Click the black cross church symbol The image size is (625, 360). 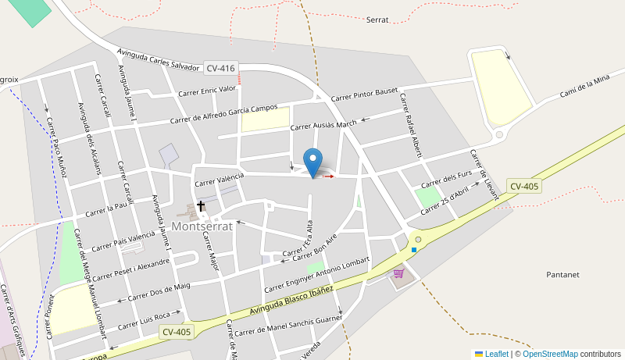click(201, 206)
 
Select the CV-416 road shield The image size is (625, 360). click(221, 69)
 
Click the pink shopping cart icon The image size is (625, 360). click(398, 273)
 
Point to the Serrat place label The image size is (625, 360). click(377, 20)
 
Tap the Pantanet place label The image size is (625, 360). click(562, 275)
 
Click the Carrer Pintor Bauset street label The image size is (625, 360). click(364, 95)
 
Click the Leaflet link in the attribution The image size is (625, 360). click(491, 354)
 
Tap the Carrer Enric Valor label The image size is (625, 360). click(207, 91)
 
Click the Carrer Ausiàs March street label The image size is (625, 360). click(323, 124)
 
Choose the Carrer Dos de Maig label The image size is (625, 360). click(159, 292)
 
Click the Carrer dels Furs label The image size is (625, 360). click(446, 181)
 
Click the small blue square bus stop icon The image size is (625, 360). click(414, 250)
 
